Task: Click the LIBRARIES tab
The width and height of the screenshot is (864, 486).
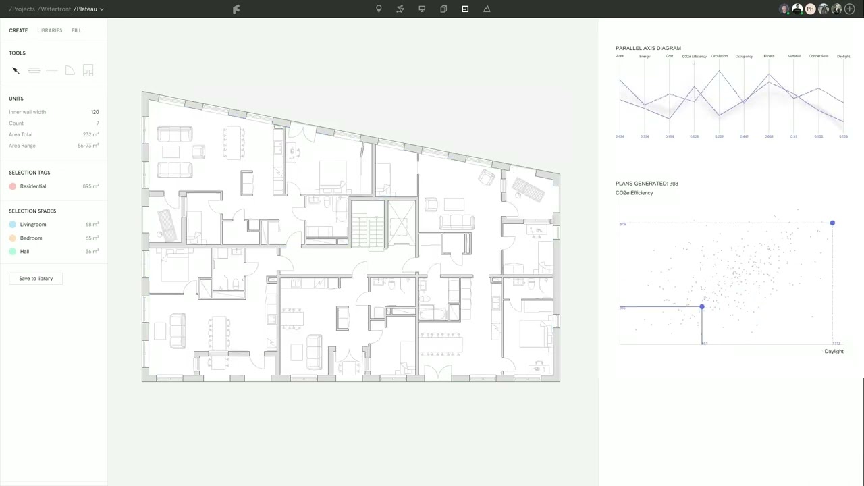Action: coord(49,30)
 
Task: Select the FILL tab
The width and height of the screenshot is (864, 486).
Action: coord(76,30)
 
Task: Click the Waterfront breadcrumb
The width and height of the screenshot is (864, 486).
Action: coord(55,9)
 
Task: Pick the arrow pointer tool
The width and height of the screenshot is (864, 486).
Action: coord(16,70)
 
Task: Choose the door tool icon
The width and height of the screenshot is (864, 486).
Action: coord(70,70)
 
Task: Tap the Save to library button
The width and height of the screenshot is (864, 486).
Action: coord(36,278)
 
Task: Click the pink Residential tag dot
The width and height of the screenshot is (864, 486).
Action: coord(13,186)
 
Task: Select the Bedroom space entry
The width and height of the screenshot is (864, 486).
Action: coord(31,238)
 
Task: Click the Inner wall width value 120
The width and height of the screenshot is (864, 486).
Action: coord(94,112)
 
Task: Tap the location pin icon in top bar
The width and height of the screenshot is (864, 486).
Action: coord(379,9)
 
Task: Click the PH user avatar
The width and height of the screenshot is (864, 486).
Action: coord(810,9)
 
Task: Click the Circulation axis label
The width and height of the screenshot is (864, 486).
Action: coord(719,56)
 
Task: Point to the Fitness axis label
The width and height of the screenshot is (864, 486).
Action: coord(769,56)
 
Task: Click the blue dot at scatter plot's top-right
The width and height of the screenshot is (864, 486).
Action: coord(832,223)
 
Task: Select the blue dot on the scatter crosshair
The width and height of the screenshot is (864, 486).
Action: coord(702,307)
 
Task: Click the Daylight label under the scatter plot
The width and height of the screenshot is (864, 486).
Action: coord(834,351)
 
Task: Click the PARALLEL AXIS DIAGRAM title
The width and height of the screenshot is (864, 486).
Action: coord(648,48)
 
